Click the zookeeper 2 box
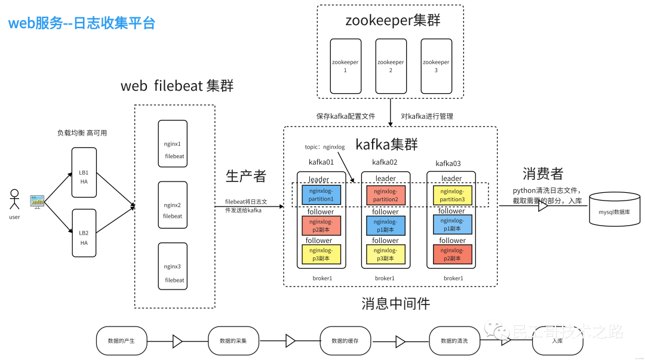pyautogui.click(x=391, y=66)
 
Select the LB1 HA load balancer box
pyautogui.click(x=84, y=173)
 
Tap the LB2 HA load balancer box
pyautogui.click(x=84, y=233)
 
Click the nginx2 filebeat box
pyautogui.click(x=173, y=205)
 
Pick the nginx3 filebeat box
pyautogui.click(x=173, y=267)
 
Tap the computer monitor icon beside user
pyautogui.click(x=37, y=201)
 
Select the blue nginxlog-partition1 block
pyautogui.click(x=321, y=195)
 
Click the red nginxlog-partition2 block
pyautogui.click(x=385, y=195)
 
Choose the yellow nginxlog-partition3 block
pyautogui.click(x=452, y=195)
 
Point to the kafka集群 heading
pyautogui.click(x=386, y=144)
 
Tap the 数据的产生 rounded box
pyautogui.click(x=121, y=340)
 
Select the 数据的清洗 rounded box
pyautogui.click(x=454, y=340)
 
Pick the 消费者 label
pyautogui.click(x=543, y=174)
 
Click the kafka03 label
pyautogui.click(x=448, y=163)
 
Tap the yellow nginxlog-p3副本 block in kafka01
pyautogui.click(x=321, y=255)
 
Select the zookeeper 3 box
pyautogui.click(x=436, y=66)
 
